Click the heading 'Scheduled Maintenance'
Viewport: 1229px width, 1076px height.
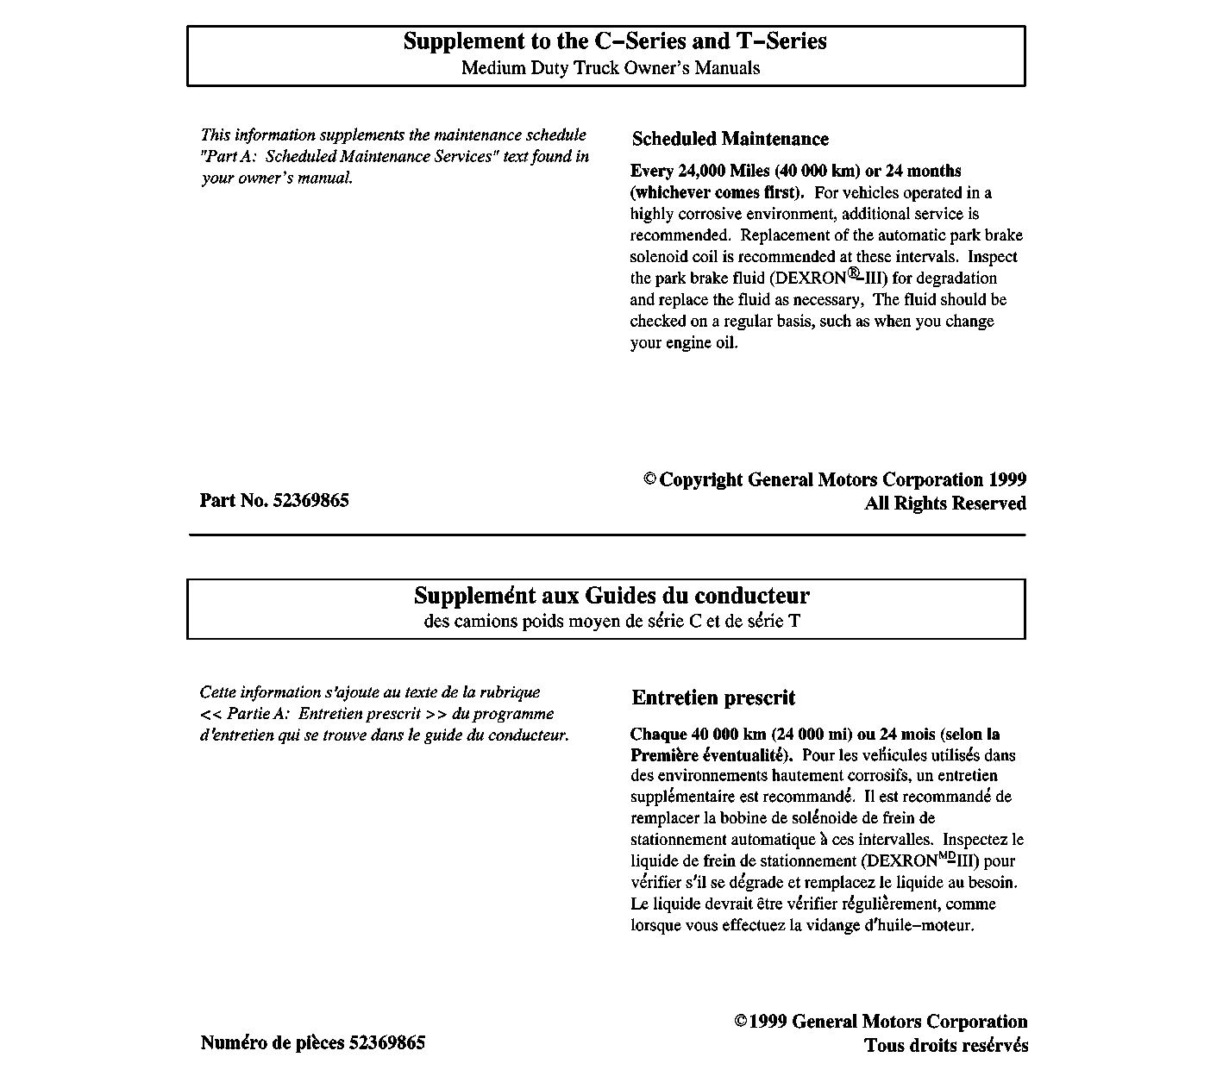(730, 139)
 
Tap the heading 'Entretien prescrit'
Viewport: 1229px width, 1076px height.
(713, 698)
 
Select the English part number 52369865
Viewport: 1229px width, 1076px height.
(311, 501)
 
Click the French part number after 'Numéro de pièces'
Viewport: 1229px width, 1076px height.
(387, 1042)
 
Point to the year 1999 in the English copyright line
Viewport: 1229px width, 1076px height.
(1007, 480)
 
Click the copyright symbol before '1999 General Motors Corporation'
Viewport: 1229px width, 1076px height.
(740, 1022)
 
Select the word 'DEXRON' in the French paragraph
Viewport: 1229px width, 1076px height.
(900, 860)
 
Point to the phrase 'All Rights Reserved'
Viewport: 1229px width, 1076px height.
(945, 504)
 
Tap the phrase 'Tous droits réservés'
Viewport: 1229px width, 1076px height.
(946, 1046)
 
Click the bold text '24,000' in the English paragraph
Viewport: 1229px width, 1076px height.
(702, 171)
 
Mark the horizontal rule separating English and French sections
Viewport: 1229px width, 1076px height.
(607, 535)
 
